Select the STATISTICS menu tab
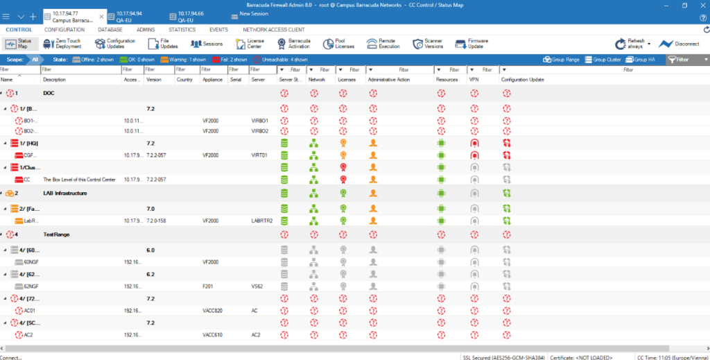(182, 31)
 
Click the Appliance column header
(212, 80)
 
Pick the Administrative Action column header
(388, 80)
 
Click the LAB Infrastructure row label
(65, 193)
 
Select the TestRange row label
(54, 234)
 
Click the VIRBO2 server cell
(260, 130)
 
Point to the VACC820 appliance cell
(214, 310)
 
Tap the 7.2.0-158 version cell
(158, 221)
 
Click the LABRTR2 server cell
(263, 221)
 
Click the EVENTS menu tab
(218, 31)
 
